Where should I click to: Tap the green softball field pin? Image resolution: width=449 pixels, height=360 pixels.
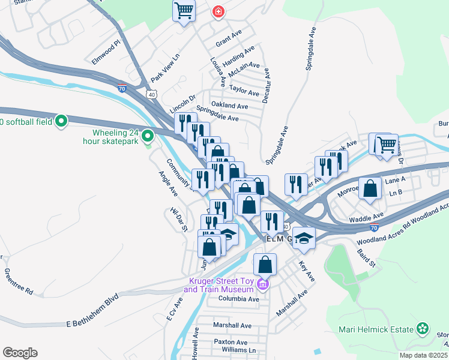(61, 122)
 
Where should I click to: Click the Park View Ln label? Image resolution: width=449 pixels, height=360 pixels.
(165, 70)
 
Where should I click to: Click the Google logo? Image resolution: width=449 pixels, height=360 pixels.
(19, 352)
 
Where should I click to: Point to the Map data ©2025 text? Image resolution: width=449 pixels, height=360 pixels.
(424, 355)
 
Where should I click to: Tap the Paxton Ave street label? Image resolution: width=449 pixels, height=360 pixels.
(231, 341)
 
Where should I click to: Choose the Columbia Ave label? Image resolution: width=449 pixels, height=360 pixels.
(238, 298)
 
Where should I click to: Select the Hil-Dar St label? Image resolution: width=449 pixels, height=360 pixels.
(179, 220)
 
